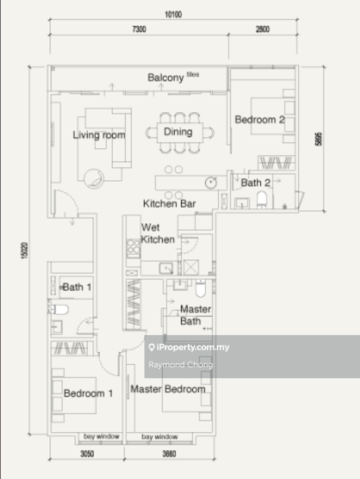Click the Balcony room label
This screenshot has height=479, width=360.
(166, 77)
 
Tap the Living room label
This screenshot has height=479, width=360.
(99, 135)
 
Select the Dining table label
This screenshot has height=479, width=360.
(178, 131)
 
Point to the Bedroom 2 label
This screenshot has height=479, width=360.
(260, 119)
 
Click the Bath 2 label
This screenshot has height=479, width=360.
(256, 183)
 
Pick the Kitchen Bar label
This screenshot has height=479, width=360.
(169, 204)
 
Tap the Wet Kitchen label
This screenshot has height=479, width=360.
(157, 233)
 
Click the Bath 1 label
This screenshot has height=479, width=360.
(77, 287)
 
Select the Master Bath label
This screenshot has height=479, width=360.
(195, 315)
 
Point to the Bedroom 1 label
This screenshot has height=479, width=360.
(88, 393)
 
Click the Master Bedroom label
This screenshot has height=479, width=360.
(168, 389)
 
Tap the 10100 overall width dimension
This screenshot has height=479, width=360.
(173, 15)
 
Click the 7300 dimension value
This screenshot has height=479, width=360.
(139, 29)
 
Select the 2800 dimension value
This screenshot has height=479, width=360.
(262, 29)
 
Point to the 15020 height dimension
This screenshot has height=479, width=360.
(24, 250)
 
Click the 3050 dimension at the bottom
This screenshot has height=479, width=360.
(87, 454)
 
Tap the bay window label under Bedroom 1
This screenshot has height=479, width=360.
(101, 436)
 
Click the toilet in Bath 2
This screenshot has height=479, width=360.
(262, 199)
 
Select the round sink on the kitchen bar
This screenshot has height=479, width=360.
(211, 183)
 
